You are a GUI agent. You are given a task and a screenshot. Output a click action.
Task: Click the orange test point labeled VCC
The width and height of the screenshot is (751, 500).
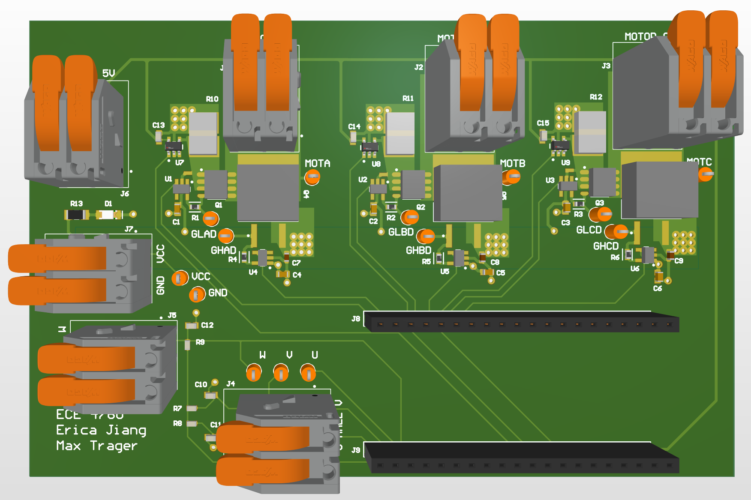180,278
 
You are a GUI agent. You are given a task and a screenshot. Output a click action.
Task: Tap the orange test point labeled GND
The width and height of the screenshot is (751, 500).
197,294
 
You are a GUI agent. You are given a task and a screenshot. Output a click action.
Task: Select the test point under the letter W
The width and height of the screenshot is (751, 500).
254,372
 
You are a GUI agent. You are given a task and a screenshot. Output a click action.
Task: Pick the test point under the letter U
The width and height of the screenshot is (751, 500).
308,372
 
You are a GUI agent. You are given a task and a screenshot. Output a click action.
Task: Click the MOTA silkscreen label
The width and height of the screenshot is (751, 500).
317,163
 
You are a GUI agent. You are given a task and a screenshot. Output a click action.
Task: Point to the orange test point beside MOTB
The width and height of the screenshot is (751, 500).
512,176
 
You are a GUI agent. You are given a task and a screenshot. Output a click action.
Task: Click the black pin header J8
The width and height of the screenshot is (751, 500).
521,322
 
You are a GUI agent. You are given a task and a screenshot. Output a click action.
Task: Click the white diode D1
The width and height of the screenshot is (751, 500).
108,214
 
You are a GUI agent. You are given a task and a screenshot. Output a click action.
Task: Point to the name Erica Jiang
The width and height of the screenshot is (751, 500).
101,430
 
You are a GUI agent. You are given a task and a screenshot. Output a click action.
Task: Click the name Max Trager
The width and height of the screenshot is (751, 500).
96,446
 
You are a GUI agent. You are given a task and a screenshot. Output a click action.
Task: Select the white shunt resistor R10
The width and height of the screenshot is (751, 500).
203,133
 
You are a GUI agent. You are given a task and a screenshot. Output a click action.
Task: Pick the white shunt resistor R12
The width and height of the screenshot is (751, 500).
590,132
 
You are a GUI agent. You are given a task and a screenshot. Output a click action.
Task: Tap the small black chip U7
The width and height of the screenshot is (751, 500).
174,147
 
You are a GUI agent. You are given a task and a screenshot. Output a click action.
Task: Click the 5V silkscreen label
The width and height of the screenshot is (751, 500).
108,73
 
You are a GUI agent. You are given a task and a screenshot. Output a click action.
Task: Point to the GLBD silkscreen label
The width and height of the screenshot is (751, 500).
401,232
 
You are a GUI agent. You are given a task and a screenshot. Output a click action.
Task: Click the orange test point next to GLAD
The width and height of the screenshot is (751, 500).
226,235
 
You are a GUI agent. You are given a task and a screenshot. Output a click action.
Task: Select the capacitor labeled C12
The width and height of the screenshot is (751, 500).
192,326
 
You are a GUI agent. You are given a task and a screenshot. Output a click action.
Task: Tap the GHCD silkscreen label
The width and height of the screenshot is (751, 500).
606,246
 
